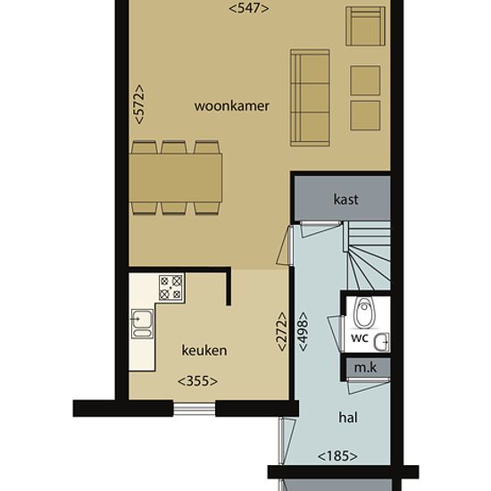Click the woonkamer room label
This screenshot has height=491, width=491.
231,106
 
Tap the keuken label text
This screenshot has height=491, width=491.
204,350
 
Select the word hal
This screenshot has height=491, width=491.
348,418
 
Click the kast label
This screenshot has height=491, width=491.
345,199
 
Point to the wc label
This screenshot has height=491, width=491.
360,338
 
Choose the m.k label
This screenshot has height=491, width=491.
365,368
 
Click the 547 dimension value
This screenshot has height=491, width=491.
249,8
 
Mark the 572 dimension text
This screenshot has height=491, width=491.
139,104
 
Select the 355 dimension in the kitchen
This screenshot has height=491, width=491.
197,381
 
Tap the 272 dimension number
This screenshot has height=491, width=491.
282,331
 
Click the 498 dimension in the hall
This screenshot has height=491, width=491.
304,331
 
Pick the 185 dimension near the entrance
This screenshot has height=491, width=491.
337,456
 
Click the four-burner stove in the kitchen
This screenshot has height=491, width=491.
171,287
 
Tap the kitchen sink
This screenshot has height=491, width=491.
142,323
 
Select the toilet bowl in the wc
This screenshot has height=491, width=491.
363,312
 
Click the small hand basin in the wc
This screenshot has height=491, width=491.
381,342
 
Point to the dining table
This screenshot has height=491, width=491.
176,178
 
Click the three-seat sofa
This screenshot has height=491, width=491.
310,97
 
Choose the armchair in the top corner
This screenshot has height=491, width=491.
365,26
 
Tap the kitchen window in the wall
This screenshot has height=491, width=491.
194,409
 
